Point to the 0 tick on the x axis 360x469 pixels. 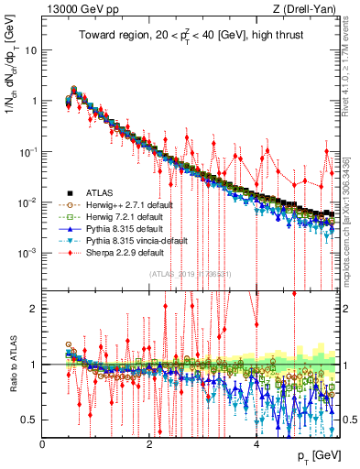[43, 444]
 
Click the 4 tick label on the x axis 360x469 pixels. [256, 444]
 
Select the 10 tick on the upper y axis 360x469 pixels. [31, 49]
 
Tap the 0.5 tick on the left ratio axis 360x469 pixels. [32, 420]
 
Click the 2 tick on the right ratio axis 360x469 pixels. [348, 308]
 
